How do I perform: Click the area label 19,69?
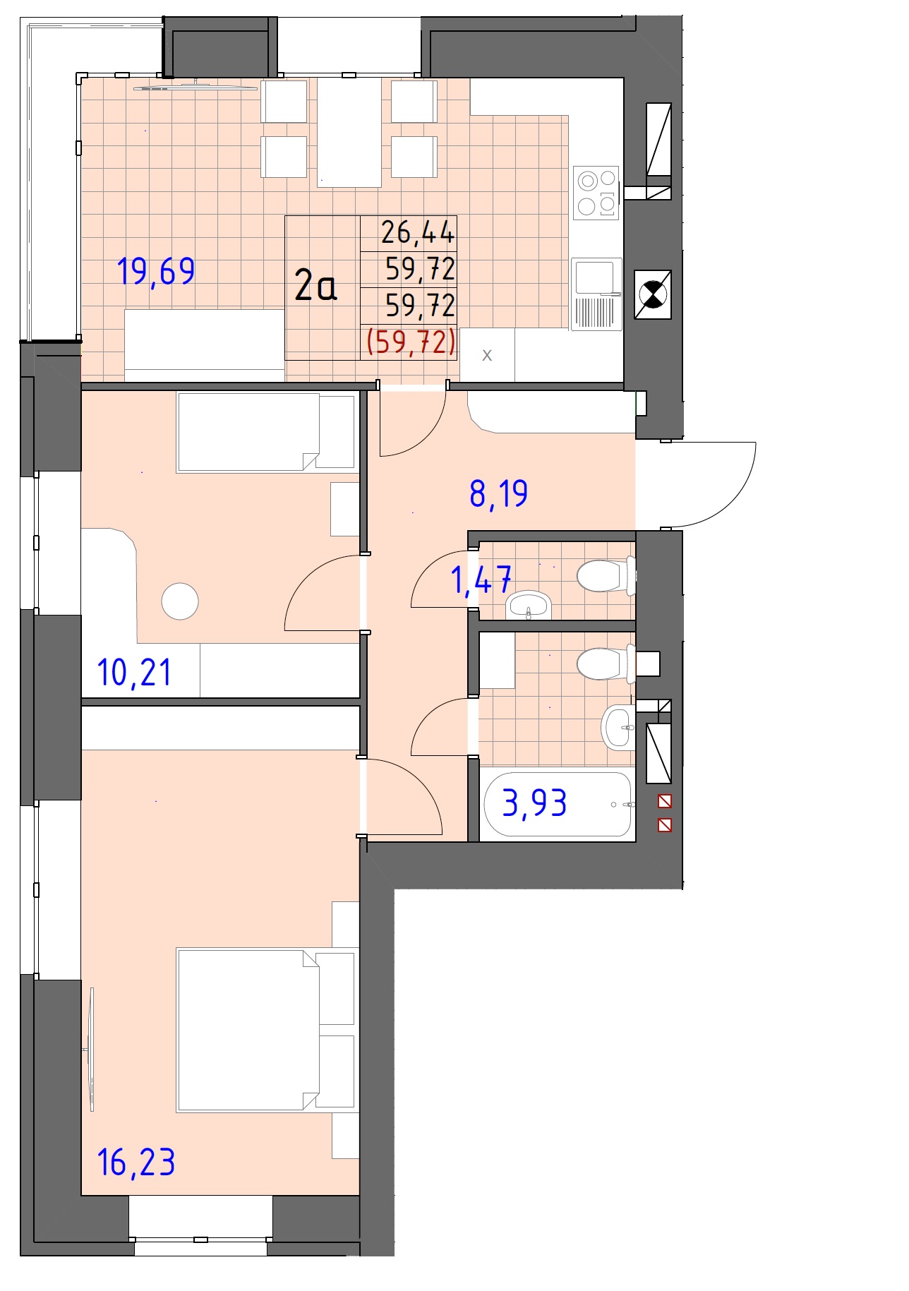point(156,271)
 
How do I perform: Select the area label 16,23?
point(136,1162)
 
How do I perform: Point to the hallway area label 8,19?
point(498,493)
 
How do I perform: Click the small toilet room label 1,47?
point(481,580)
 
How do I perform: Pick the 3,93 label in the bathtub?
point(534,803)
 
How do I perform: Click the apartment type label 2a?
point(315,286)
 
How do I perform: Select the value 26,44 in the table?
point(418,232)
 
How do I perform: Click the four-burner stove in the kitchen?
point(596,192)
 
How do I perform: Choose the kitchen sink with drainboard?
point(596,294)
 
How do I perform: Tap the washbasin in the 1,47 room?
point(529,605)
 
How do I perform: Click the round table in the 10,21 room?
point(180,601)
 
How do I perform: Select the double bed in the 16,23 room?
point(266,1030)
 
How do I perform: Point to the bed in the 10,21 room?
point(266,432)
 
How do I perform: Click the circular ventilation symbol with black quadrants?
point(652,294)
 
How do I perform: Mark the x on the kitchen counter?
point(487,355)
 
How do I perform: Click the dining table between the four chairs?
point(349,132)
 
